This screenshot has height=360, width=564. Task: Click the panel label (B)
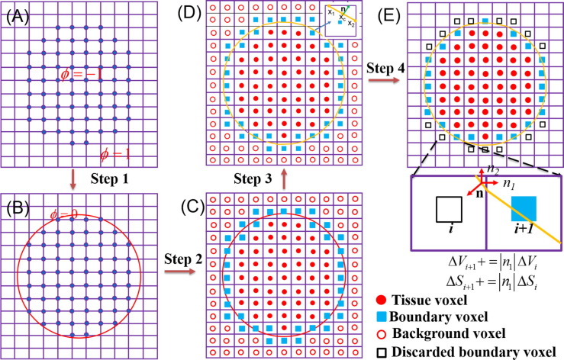click(x=17, y=206)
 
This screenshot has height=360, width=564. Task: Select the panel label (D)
click(x=191, y=12)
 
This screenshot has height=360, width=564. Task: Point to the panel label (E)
click(x=402, y=12)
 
